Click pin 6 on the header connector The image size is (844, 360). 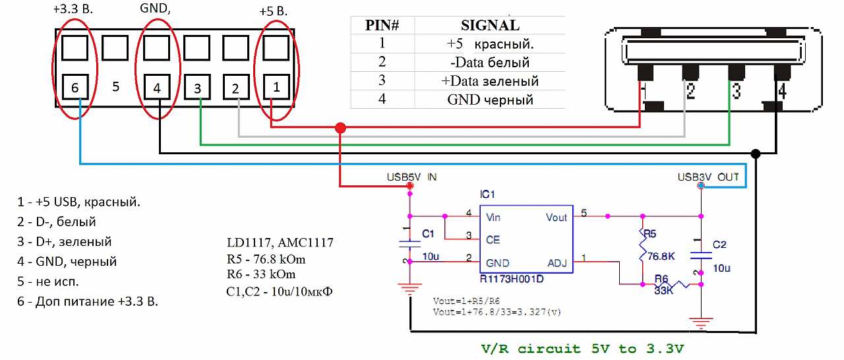tap(76, 87)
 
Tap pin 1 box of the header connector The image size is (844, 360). tap(276, 86)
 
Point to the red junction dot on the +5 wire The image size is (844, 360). tap(340, 127)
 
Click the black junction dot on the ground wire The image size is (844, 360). tap(756, 154)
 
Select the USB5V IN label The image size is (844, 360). tap(411, 177)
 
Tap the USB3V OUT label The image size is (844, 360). tap(708, 177)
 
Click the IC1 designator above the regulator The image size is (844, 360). tap(487, 195)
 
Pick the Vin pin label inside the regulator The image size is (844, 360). tap(494, 216)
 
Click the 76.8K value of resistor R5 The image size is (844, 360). tap(662, 256)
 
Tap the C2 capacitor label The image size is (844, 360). tap(719, 245)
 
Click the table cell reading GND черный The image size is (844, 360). tap(490, 100)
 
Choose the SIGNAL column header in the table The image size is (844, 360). tap(489, 26)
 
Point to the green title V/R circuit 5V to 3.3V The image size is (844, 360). tap(580, 348)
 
